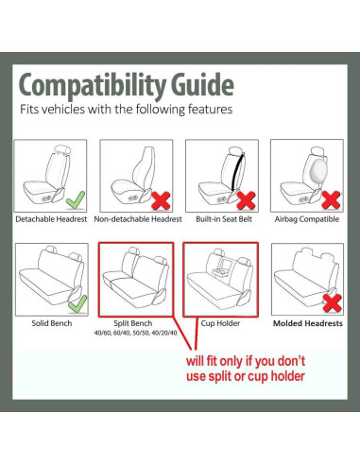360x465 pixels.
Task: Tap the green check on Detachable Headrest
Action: coord(76,200)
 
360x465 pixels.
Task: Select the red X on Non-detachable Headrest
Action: coord(161,200)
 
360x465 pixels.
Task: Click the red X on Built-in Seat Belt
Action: coord(246,200)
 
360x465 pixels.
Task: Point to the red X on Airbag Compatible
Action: coord(331,200)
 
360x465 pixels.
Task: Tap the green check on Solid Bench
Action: coord(77,304)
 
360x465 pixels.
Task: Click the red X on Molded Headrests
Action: coord(333,303)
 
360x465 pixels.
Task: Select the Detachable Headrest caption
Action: coord(51,219)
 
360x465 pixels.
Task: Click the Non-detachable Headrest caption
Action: coord(138,219)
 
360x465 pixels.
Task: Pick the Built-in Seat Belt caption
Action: coord(224,219)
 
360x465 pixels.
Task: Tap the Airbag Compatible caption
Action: coord(307,219)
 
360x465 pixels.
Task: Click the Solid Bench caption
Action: coord(52,323)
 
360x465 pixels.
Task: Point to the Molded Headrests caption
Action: coord(308,323)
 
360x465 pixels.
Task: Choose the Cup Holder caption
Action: coord(220,323)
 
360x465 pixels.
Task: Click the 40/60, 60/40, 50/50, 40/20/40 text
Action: coord(136,333)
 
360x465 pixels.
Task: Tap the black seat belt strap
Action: coord(238,172)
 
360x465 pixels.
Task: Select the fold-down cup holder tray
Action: coord(221,271)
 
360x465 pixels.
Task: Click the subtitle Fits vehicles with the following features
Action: coord(127,110)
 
